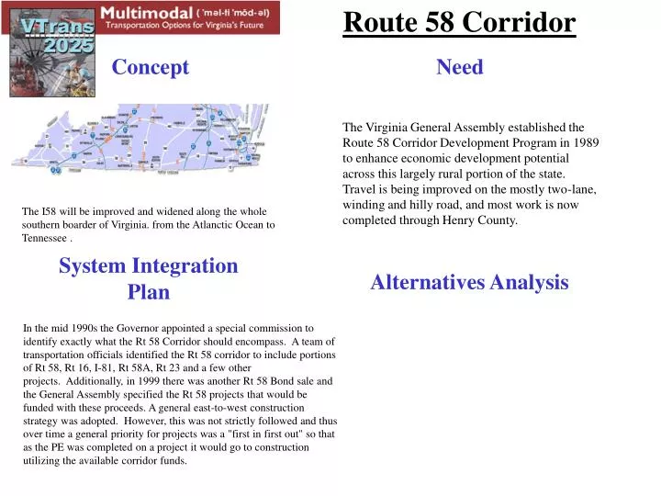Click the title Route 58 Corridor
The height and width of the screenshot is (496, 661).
tap(459, 22)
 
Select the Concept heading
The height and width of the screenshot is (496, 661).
tap(150, 67)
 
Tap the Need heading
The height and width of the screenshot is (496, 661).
tap(459, 67)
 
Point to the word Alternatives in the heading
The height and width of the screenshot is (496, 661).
tap(427, 283)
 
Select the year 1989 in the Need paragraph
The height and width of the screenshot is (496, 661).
tap(585, 143)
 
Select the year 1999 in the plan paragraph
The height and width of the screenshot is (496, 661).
tap(153, 380)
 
